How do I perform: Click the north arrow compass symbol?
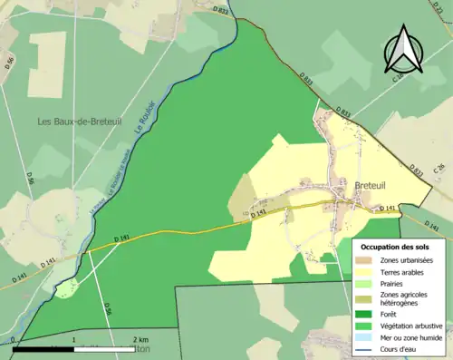click(404, 50)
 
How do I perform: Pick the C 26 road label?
click(439, 170)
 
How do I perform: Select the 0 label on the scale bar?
click(14, 340)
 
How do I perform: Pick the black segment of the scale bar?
click(43, 348)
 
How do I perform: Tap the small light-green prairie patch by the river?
click(64, 289)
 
